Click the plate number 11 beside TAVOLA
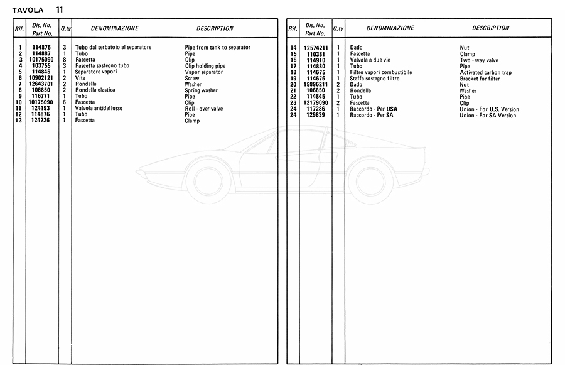[x=58, y=9]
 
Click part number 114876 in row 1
[x=42, y=48]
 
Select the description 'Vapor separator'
[x=204, y=72]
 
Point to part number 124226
[x=42, y=121]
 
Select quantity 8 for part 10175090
[x=65, y=60]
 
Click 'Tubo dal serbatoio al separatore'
[x=113, y=48]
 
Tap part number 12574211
[x=316, y=48]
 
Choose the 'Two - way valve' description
[x=479, y=60]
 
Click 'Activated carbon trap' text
[x=485, y=72]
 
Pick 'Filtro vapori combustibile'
[x=381, y=72]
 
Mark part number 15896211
[x=316, y=84]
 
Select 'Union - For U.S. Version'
[x=490, y=109]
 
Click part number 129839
[x=316, y=115]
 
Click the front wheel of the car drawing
[x=208, y=180]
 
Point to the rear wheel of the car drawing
[x=370, y=180]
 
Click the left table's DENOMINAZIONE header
[x=115, y=28]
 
